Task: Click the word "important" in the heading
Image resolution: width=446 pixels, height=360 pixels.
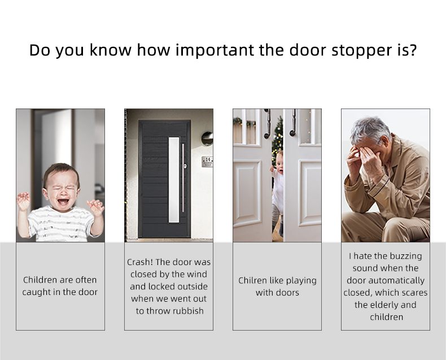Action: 215,50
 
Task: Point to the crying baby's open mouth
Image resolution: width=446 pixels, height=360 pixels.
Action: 63,201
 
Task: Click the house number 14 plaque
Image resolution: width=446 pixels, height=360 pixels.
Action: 207,162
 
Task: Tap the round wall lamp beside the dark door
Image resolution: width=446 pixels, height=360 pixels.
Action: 207,138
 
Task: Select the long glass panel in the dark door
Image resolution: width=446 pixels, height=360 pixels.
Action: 174,180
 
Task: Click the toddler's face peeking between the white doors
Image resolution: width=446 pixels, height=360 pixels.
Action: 279,164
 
